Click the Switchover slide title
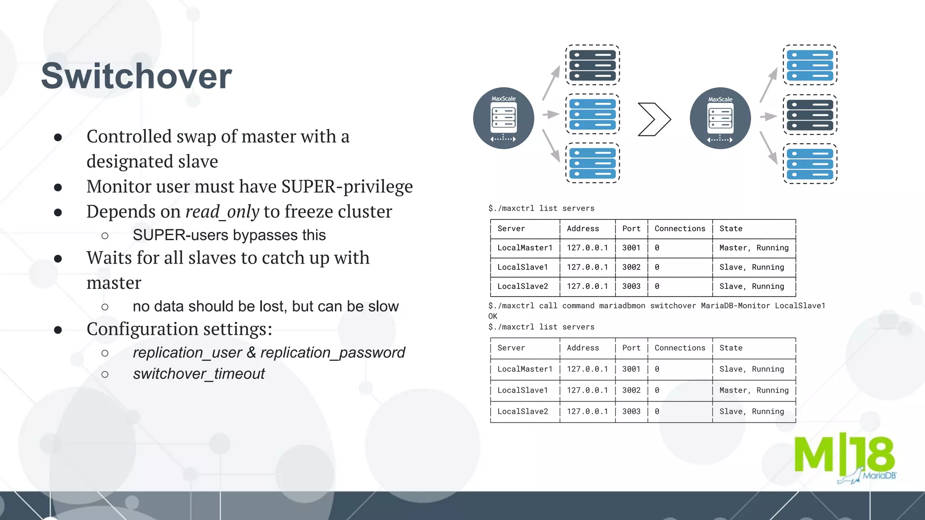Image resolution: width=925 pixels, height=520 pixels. (x=136, y=76)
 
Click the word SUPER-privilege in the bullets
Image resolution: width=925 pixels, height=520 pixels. (x=347, y=186)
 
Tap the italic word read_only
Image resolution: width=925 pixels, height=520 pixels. (x=222, y=211)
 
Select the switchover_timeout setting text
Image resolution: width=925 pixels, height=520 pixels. (x=199, y=374)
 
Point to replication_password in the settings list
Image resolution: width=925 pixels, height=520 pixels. (x=333, y=353)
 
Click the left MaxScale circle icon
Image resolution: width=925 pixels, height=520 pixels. (x=504, y=118)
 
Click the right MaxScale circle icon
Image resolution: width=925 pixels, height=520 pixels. (x=720, y=118)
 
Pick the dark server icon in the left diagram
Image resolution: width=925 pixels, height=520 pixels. (x=593, y=65)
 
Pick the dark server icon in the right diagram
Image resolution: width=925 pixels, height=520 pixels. (x=810, y=115)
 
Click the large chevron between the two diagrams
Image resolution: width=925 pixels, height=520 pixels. (x=654, y=119)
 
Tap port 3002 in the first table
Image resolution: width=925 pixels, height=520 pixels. (x=631, y=267)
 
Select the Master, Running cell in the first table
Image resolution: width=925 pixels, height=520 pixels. (x=753, y=248)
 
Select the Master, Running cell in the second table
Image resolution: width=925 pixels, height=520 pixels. (x=753, y=390)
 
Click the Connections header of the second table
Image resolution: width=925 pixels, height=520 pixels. (x=680, y=348)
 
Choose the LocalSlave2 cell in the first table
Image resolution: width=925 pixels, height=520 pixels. (x=523, y=286)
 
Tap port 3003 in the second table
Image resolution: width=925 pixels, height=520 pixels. (x=631, y=412)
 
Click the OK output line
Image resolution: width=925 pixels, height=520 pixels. (x=493, y=316)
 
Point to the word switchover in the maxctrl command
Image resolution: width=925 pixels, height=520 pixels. (x=673, y=306)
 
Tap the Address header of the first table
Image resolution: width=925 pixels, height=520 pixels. (x=583, y=229)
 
